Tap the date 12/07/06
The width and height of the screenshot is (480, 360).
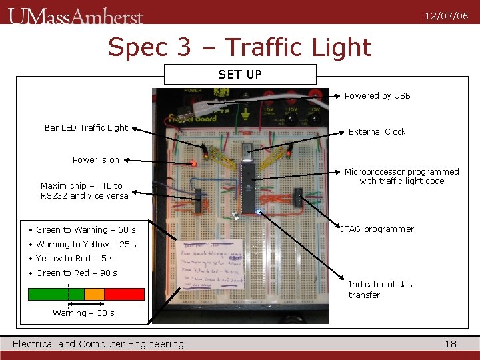tap(446, 16)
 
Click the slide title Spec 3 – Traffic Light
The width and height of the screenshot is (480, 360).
tap(239, 47)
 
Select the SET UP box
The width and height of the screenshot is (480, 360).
tap(240, 74)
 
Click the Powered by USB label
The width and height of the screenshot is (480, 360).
tap(377, 96)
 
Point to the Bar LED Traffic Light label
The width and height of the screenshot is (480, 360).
tap(86, 127)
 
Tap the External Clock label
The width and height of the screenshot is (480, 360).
tap(377, 131)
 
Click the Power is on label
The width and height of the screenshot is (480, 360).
tap(95, 160)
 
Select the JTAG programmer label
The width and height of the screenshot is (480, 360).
tap(377, 229)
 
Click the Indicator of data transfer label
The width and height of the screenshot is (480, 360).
tap(382, 289)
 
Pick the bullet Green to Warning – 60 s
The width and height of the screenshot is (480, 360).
tap(85, 230)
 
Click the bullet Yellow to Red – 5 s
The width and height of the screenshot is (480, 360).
tap(74, 259)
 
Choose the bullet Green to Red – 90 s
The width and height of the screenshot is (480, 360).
tap(76, 273)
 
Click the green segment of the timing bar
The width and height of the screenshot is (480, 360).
tap(56, 294)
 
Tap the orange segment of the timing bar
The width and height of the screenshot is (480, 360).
tap(95, 294)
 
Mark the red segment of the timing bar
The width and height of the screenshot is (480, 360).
tap(125, 294)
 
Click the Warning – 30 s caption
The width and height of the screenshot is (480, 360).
tap(83, 313)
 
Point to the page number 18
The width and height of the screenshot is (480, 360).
tap(451, 344)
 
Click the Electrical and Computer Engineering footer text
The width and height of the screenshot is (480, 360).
tap(98, 344)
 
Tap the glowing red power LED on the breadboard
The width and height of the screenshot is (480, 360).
tap(194, 163)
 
